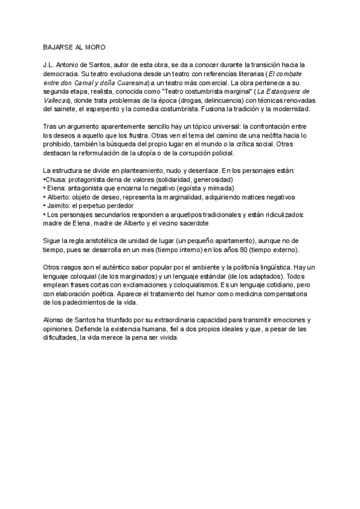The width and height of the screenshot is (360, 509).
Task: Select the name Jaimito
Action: pyautogui.click(x=58, y=205)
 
